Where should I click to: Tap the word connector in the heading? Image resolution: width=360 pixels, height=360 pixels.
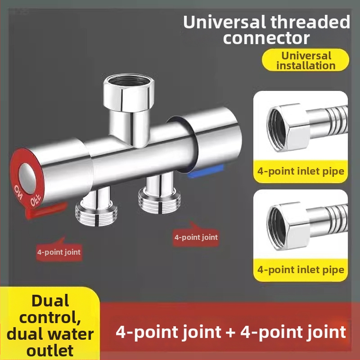click(x=266, y=37)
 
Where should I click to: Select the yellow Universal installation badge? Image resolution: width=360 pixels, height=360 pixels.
click(x=306, y=60)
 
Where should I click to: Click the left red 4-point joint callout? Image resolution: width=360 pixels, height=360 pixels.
click(x=58, y=252)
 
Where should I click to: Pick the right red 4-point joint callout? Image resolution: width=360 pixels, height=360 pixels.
click(x=196, y=237)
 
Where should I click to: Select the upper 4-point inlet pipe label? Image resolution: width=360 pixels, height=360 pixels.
click(x=301, y=171)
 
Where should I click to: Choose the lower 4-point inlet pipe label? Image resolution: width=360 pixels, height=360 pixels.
click(x=301, y=270)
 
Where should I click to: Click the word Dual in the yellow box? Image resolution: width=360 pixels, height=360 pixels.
click(x=49, y=301)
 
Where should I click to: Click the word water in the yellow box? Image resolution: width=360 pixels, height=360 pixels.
click(x=71, y=334)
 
